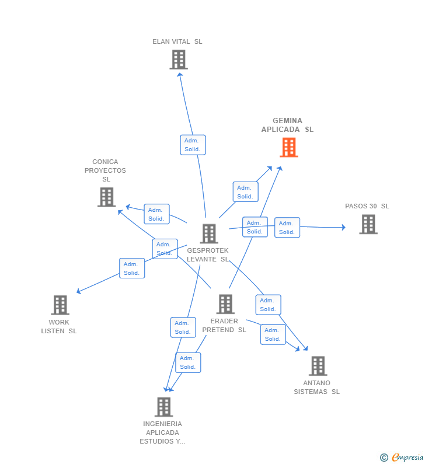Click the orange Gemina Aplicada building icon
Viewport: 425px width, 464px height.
[289, 148]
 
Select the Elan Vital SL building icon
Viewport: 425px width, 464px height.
[179, 60]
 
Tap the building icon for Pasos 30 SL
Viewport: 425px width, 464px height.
[368, 224]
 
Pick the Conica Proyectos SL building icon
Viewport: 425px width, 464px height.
[106, 197]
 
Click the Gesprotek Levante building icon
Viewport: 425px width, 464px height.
[209, 233]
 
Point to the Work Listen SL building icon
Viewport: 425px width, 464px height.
[60, 305]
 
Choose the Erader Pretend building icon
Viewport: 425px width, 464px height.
[225, 304]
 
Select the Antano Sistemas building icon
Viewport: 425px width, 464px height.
[318, 366]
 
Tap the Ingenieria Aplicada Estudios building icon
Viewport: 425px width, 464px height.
[164, 407]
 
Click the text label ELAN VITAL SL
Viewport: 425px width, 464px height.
[177, 41]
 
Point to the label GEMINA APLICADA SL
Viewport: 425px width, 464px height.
[287, 125]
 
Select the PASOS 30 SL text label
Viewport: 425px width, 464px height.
[367, 206]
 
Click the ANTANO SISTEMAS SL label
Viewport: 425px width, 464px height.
[316, 388]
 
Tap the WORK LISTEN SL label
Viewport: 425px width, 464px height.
[59, 327]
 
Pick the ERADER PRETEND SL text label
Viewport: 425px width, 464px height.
[224, 326]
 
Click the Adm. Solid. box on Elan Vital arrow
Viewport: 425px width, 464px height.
[193, 145]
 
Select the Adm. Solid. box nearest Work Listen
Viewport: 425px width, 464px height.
[132, 268]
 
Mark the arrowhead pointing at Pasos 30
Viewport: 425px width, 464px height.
[343, 228]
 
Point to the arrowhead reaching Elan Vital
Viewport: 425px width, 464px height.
[180, 74]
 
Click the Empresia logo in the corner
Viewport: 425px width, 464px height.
[402, 457]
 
